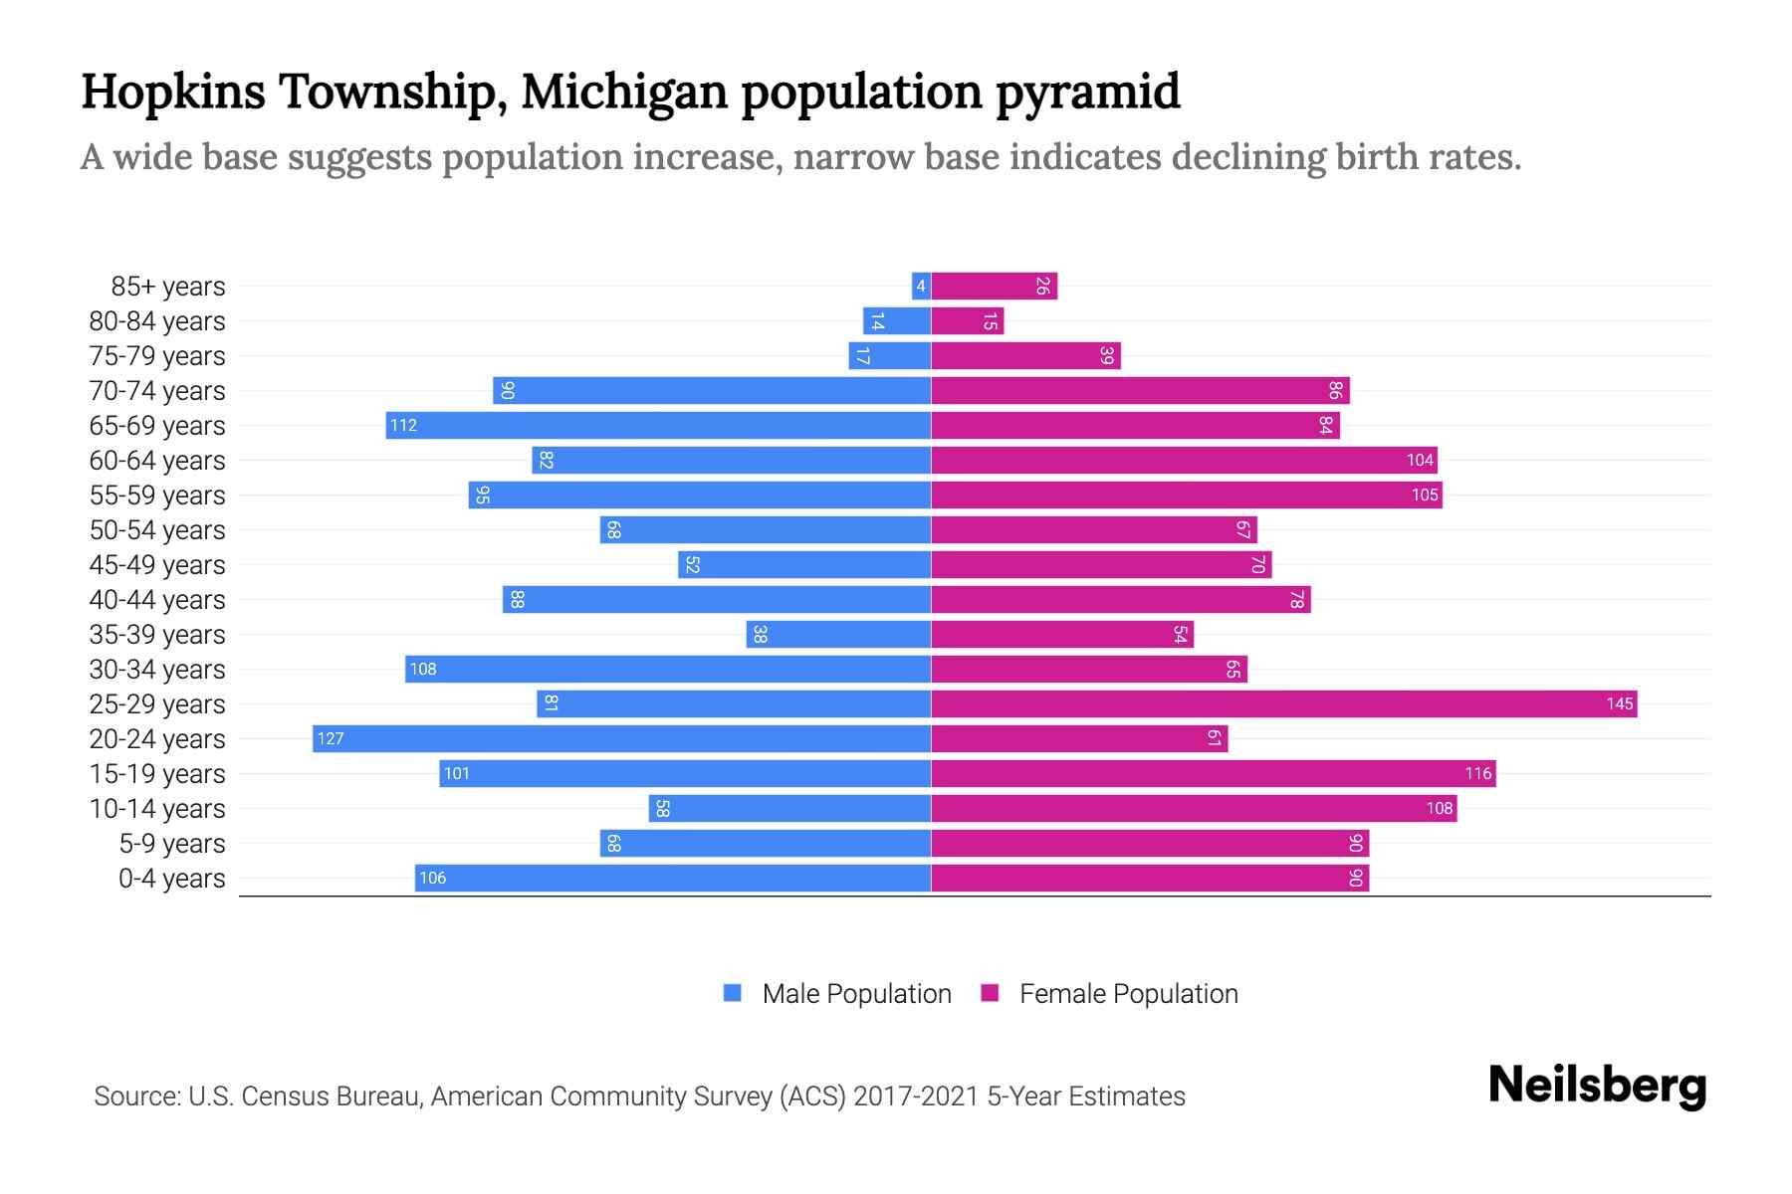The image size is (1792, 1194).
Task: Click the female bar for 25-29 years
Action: (1284, 704)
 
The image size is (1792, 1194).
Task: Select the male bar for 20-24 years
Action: (622, 739)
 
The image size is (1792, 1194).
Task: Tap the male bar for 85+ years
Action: (921, 287)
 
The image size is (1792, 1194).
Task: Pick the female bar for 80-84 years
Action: (967, 321)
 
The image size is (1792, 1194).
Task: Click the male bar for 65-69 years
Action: (658, 426)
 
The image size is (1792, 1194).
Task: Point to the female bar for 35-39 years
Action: (1062, 635)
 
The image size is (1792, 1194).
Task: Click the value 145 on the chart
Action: (1619, 704)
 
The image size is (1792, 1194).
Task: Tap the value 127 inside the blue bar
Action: (331, 739)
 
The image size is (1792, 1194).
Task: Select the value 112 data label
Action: (403, 426)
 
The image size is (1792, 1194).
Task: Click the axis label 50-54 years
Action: (157, 530)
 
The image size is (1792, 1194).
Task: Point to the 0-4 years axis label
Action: (171, 879)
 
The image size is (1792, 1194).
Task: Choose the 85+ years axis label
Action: (168, 287)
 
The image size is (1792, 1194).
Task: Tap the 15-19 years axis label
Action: (157, 774)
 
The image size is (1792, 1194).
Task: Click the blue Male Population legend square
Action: (733, 993)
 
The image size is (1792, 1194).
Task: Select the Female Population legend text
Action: (1128, 994)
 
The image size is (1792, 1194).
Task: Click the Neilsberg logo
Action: (1597, 1087)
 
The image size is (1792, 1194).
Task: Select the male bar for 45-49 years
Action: (804, 565)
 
